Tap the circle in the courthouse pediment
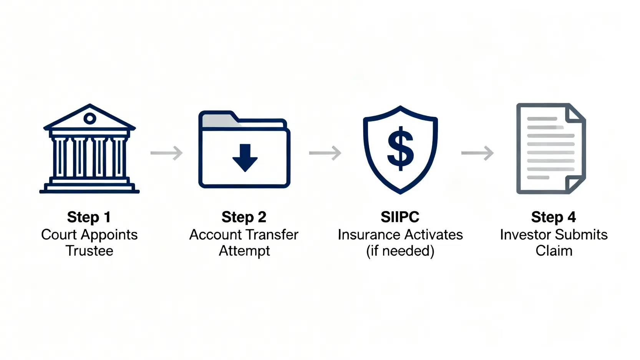click(90, 118)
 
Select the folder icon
click(244, 150)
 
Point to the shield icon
click(400, 150)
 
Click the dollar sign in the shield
click(400, 148)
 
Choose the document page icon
click(551, 149)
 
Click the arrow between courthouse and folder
click(166, 153)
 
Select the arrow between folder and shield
click(325, 153)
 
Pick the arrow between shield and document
click(477, 153)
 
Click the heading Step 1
click(89, 217)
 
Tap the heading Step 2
click(244, 217)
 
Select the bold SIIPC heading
click(400, 217)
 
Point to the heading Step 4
click(553, 217)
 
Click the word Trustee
click(90, 251)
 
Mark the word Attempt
click(244, 251)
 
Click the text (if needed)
click(400, 251)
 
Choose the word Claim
click(554, 251)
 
